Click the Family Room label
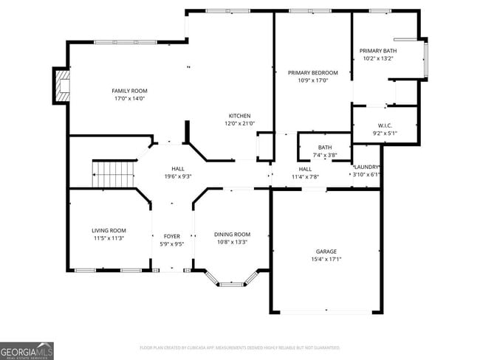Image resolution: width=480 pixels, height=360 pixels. tap(129, 91)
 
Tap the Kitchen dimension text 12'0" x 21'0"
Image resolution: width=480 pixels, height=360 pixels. tap(239, 124)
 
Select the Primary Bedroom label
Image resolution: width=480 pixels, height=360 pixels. tap(312, 72)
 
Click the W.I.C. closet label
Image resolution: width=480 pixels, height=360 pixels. tap(385, 125)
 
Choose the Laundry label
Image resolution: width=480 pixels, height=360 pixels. tap(366, 167)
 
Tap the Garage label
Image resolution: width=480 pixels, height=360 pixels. tap(326, 251)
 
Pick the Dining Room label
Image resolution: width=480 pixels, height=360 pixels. tap(232, 234)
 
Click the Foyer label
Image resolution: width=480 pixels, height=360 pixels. tap(171, 235)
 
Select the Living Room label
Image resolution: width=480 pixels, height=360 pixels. tap(109, 230)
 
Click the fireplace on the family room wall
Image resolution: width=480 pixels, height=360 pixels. tap(61, 86)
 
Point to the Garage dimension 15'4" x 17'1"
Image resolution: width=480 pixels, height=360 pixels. tap(326, 259)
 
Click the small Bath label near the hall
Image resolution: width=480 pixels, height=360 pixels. tap(325, 148)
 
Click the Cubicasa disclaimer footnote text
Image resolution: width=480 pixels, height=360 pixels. tap(239, 347)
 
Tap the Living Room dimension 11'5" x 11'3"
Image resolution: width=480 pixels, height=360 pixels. tap(109, 238)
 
